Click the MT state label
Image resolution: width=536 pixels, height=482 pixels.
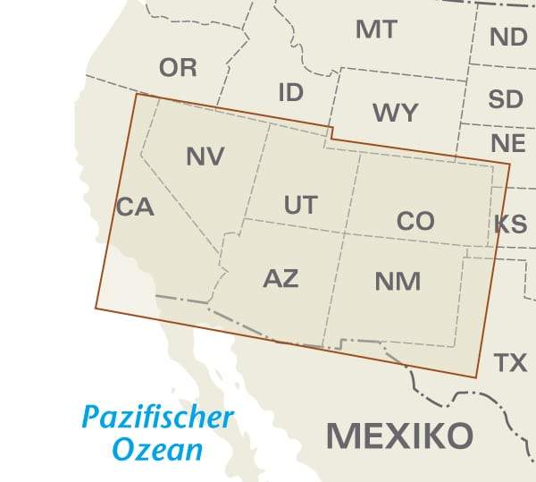click(376, 30)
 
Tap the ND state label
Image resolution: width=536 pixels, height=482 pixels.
click(508, 38)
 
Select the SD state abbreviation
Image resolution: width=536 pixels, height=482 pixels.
click(506, 99)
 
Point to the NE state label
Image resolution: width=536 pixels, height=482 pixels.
click(507, 143)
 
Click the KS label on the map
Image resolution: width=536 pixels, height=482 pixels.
click(510, 224)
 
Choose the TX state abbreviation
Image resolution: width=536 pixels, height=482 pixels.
click(510, 362)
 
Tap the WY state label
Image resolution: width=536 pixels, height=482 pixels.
click(395, 113)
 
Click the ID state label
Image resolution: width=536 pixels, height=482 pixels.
click(290, 92)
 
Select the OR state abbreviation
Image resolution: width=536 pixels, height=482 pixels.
click(178, 67)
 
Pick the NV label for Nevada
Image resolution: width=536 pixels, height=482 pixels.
click(205, 156)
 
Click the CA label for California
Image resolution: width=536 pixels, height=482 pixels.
click(136, 207)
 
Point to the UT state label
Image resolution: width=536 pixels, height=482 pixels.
click(300, 205)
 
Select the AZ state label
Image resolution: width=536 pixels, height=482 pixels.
click(281, 277)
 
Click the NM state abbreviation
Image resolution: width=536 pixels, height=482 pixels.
click(398, 281)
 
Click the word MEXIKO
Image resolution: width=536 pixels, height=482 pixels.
click(398, 435)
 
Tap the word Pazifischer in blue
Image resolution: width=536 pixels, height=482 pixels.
click(157, 417)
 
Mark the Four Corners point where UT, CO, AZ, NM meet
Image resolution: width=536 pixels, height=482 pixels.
click(342, 235)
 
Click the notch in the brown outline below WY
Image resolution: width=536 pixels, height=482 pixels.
click(331, 133)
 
